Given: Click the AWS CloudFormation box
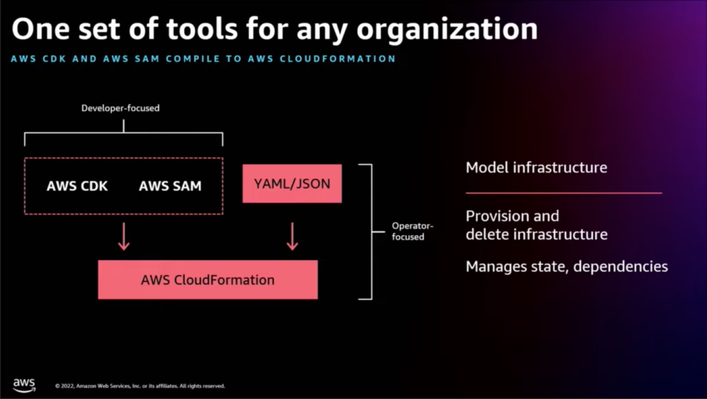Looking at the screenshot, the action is pyautogui.click(x=208, y=280).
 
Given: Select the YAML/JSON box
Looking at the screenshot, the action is pyautogui.click(x=292, y=184).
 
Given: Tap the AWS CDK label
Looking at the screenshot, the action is pyautogui.click(x=77, y=186).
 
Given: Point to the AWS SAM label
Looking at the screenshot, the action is pyautogui.click(x=170, y=186).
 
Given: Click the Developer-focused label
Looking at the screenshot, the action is pyautogui.click(x=120, y=108).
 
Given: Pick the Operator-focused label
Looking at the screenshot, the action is pyautogui.click(x=412, y=231).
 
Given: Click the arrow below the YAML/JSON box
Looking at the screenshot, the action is pyautogui.click(x=292, y=236).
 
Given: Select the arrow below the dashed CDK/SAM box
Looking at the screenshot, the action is pyautogui.click(x=124, y=236).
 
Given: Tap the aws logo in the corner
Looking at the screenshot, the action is pyautogui.click(x=24, y=385).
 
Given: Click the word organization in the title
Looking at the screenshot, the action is pyautogui.click(x=447, y=30).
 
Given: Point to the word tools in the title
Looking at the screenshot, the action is pyautogui.click(x=202, y=29).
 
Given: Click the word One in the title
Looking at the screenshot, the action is pyautogui.click(x=41, y=29).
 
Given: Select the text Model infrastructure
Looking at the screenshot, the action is pyautogui.click(x=537, y=167).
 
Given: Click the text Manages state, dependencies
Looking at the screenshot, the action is pyautogui.click(x=567, y=266).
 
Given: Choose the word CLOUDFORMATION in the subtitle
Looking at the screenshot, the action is pyautogui.click(x=338, y=59).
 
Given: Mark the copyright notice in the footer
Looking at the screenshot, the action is pyautogui.click(x=140, y=386).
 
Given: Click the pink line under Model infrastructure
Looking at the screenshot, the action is pyautogui.click(x=563, y=193).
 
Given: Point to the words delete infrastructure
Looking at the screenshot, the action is pyautogui.click(x=537, y=235).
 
